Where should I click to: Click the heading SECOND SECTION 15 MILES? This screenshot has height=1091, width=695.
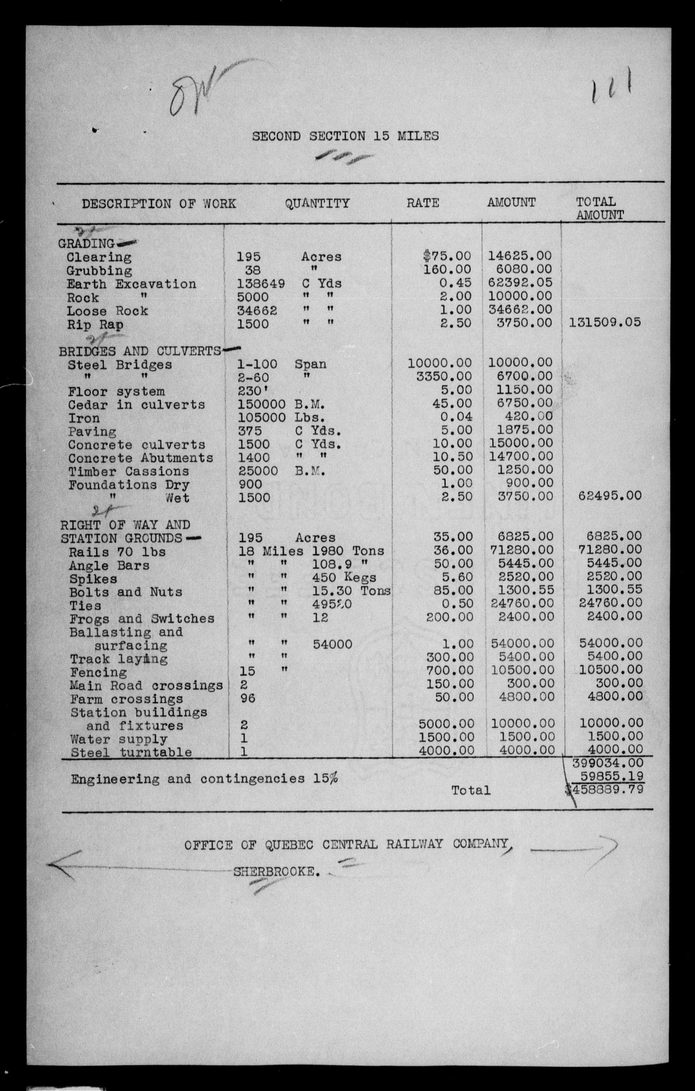[345, 136]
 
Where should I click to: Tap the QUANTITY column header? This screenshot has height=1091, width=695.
[317, 203]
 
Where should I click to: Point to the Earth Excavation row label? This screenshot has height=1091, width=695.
[131, 284]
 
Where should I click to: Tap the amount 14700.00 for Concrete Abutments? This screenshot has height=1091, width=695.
[521, 456]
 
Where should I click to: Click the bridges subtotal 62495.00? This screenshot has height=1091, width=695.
[610, 495]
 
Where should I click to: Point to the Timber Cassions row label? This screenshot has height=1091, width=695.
[129, 471]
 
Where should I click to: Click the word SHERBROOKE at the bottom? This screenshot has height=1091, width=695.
[274, 871]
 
